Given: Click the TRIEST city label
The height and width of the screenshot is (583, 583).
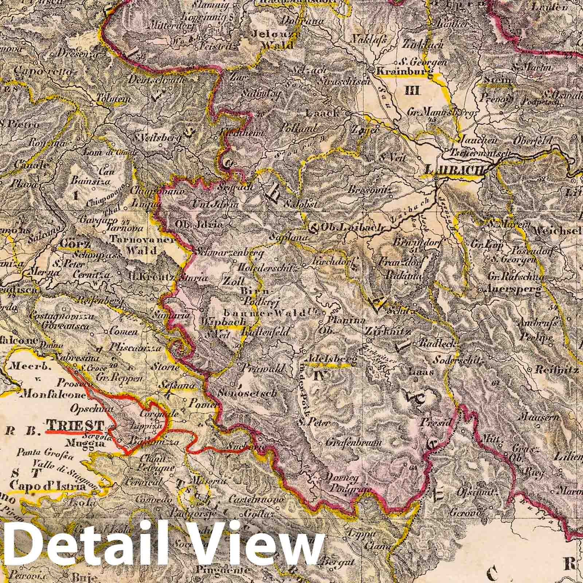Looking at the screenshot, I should pos(75,424).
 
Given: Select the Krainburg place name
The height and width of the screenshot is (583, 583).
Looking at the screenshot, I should pos(403,71).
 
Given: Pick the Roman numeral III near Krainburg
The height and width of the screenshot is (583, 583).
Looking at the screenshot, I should pos(413,91).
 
